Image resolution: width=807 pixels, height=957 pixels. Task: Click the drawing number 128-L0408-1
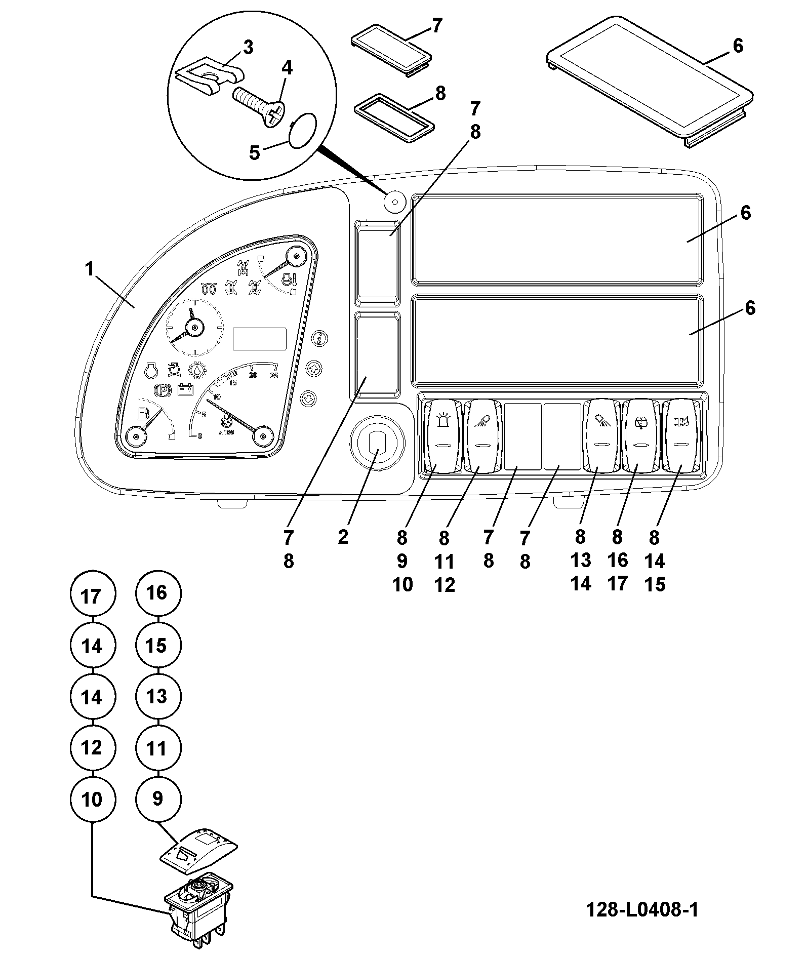[642, 909]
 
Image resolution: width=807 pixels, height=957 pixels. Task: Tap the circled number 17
[92, 595]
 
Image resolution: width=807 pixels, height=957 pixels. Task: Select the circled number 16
[158, 593]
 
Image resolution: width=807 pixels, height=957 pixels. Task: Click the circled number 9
[158, 799]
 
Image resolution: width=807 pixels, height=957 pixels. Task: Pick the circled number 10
[92, 800]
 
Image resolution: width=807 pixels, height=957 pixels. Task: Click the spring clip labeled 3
[209, 78]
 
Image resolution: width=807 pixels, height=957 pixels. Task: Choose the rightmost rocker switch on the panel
[681, 435]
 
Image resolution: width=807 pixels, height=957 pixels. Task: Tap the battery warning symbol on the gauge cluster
[185, 390]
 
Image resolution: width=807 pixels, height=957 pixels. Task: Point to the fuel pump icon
[143, 414]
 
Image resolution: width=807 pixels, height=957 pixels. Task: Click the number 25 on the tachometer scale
[274, 375]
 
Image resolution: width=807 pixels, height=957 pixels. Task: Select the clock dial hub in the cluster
[194, 328]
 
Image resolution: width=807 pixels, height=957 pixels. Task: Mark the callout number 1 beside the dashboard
[90, 269]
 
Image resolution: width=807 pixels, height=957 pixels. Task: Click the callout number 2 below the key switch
[343, 537]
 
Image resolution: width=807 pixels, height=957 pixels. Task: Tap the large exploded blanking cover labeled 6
[649, 81]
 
